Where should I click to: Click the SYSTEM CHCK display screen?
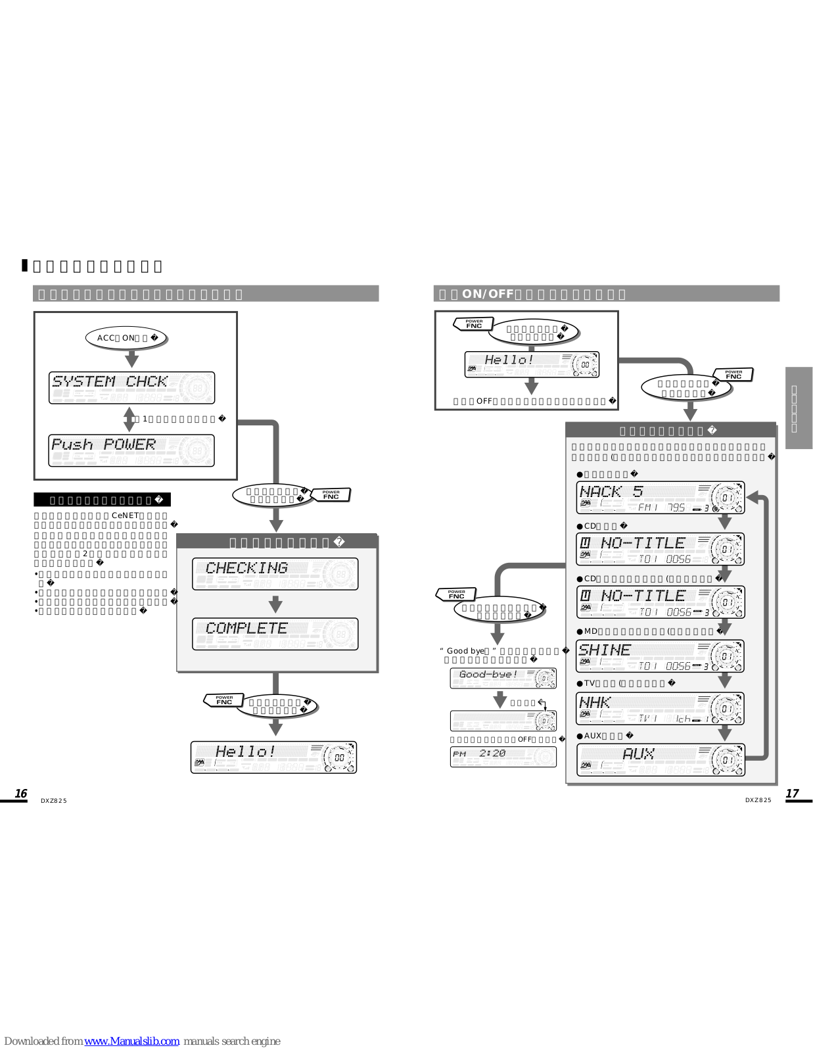pos(131,387)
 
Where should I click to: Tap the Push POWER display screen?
pos(131,450)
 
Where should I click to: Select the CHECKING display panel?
pos(275,573)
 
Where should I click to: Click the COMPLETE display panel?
pos(275,634)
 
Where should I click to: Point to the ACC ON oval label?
pos(126,338)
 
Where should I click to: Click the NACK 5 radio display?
pos(660,498)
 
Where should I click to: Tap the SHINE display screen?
pos(660,656)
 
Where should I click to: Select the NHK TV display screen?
pos(660,709)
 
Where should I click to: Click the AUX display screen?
pos(660,760)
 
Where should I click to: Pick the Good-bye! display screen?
pos(503,678)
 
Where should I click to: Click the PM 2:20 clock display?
pos(503,757)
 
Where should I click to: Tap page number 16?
pos(21,794)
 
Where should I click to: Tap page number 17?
pos(792,794)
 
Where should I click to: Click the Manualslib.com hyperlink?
pos(131,1041)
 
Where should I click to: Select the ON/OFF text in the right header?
pos(488,294)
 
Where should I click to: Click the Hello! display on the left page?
pos(273,757)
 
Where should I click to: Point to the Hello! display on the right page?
pos(532,364)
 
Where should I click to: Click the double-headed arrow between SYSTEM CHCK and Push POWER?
pos(130,419)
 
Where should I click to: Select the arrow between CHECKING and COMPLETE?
pos(275,604)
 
